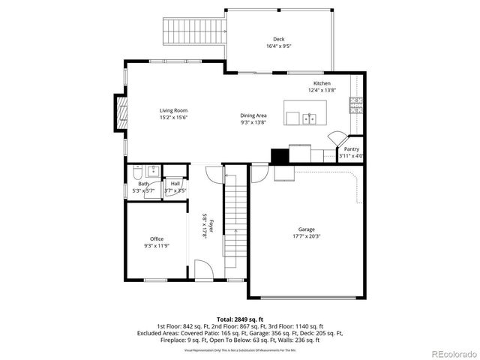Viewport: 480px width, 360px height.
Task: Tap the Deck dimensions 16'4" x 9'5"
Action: (278, 46)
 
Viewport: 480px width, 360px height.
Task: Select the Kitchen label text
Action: (322, 83)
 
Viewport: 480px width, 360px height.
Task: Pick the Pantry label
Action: (351, 149)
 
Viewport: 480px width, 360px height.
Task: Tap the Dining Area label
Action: (253, 115)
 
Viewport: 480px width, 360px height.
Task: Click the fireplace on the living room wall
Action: (119, 111)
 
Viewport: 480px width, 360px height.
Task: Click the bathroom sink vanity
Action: (151, 170)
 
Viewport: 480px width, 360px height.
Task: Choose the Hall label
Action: (175, 183)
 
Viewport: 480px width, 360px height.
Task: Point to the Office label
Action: (156, 239)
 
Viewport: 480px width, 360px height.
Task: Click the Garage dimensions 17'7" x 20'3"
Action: (306, 236)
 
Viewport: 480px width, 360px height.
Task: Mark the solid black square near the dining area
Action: (279, 156)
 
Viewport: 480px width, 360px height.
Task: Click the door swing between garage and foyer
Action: (258, 173)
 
